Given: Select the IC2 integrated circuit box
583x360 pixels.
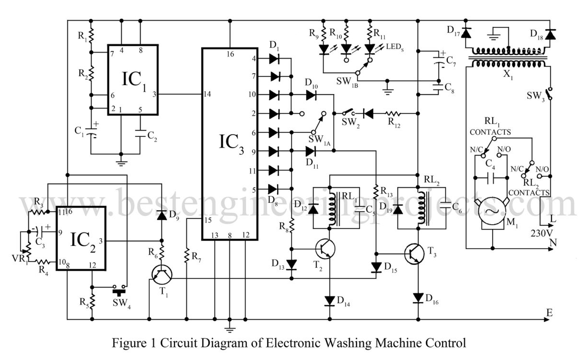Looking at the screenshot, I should [81, 238].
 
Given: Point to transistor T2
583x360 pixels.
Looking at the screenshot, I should [325, 249].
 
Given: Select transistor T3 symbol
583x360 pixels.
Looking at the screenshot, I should [414, 253].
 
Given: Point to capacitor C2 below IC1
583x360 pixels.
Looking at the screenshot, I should [140, 135].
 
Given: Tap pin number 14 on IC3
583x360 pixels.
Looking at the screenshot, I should [206, 94].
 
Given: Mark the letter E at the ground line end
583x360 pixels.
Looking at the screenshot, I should [550, 313].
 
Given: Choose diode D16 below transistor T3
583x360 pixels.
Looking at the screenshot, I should [419, 298].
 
